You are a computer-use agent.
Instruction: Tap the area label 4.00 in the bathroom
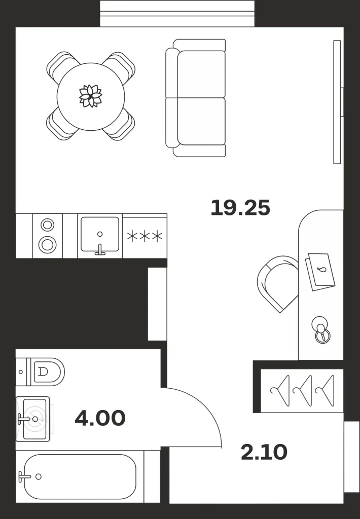[x=100, y=418]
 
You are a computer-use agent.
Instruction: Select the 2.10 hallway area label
[x=264, y=453]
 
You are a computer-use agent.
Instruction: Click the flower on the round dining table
[x=90, y=96]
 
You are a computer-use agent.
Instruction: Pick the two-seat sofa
[x=196, y=98]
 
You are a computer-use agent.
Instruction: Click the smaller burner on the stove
[x=47, y=225]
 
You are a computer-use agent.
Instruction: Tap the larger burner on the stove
[x=47, y=245]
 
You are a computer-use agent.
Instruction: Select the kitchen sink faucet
[x=100, y=250]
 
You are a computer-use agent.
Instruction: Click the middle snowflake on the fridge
[x=145, y=236]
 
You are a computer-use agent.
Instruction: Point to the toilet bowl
[x=48, y=372]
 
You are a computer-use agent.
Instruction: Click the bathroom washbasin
[x=33, y=419]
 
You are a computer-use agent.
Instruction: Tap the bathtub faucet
[x=24, y=476]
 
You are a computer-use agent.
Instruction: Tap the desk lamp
[x=321, y=329]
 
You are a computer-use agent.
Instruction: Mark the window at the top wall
[x=177, y=14]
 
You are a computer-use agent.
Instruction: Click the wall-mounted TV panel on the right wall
[x=337, y=102]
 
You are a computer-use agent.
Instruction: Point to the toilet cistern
[x=23, y=372]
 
